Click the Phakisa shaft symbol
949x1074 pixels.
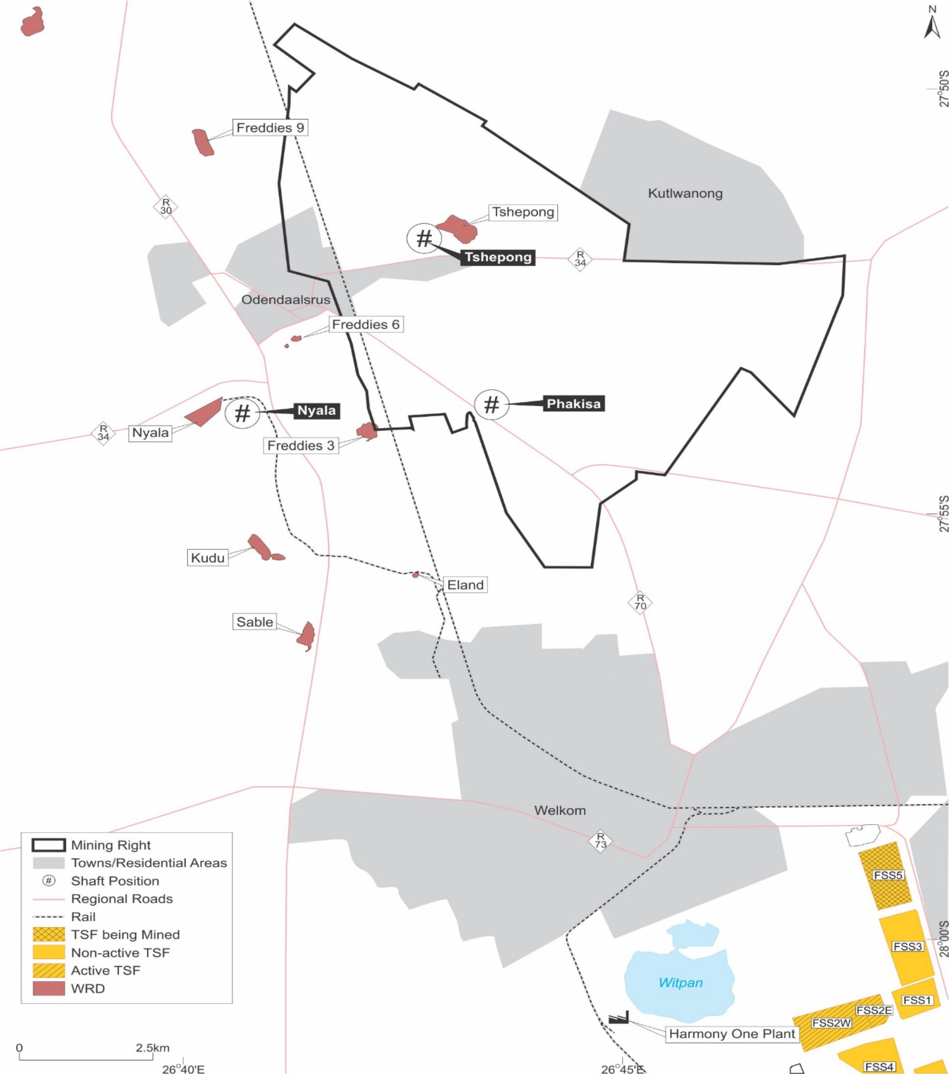coord(492,404)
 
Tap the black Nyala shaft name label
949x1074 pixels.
coord(316,410)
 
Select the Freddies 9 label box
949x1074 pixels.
coord(270,128)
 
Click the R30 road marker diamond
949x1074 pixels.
coord(166,207)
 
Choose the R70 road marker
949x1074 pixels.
coord(640,602)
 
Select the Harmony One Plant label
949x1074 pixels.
coord(731,1034)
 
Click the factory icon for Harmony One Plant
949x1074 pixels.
coord(618,1018)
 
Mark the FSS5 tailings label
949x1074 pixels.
coord(888,875)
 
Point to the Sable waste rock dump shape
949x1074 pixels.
coord(306,635)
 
